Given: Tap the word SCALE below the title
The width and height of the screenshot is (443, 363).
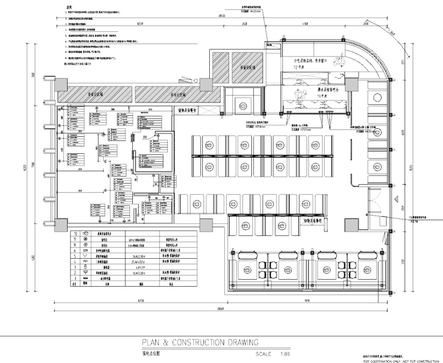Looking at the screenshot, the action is (x=265, y=353).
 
